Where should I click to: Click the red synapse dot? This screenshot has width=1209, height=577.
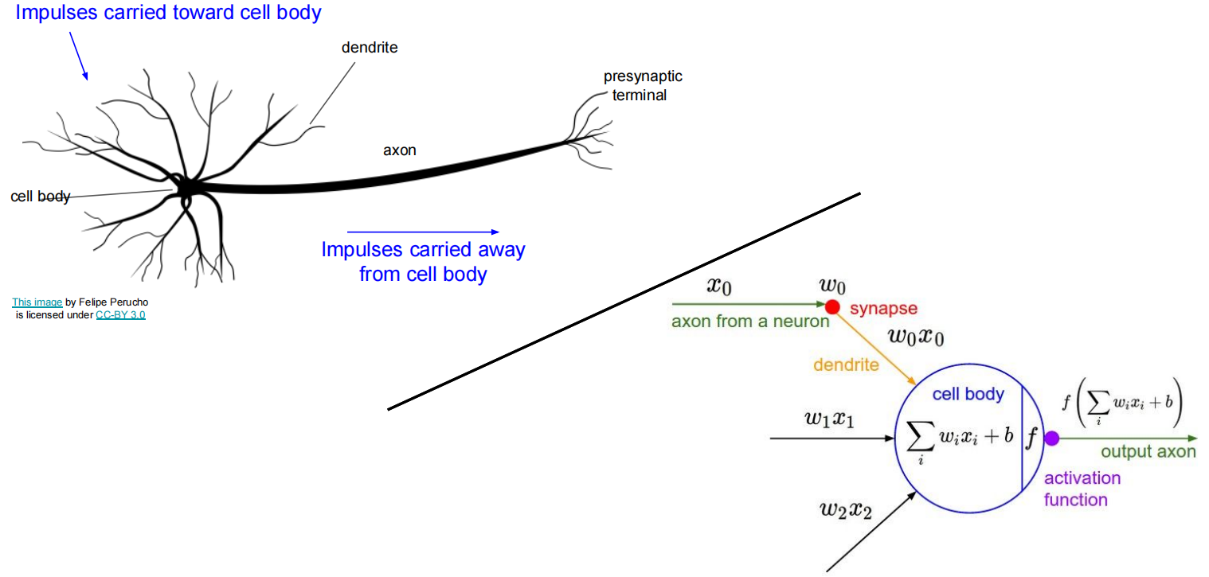coord(832,306)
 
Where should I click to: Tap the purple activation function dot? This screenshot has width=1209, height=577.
coord(1051,438)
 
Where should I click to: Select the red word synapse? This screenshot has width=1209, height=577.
coord(883,308)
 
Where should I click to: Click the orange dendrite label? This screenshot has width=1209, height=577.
coord(846,365)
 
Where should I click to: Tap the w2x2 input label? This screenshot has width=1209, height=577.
coord(845,509)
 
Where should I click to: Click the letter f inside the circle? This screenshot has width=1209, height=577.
coord(1032,437)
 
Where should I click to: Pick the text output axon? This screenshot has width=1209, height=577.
coord(1148,451)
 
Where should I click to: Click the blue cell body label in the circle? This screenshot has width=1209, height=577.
coord(968,394)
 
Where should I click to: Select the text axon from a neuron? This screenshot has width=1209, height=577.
coord(749,322)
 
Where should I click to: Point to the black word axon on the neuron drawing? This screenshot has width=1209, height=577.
coord(399,150)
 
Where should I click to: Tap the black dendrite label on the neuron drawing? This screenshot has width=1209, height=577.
coord(369,48)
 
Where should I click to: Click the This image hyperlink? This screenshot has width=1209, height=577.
coord(37,302)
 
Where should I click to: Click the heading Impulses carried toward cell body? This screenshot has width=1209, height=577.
coord(168,13)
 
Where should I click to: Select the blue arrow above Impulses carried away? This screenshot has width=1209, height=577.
coord(423,232)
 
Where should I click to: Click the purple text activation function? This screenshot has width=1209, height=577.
coord(1082,489)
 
